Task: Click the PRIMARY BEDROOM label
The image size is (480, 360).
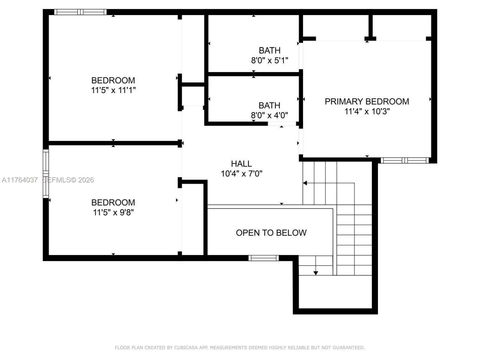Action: coord(366,101)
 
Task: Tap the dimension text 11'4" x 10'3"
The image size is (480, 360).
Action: coord(367,111)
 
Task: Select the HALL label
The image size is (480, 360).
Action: coord(241,163)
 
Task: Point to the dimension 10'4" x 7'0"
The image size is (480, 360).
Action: coord(241,174)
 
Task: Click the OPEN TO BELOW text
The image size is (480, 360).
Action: coord(271,233)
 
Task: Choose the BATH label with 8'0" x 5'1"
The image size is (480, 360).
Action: coord(269,50)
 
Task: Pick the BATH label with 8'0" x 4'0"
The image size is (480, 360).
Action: coord(269,105)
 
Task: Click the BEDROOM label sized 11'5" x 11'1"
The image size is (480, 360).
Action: coord(113,80)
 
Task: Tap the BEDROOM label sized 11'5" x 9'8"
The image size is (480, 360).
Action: coord(113,202)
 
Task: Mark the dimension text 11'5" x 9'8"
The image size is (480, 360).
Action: coord(113,213)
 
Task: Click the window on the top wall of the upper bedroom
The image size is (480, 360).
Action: coord(80,12)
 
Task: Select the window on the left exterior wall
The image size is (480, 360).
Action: coord(46,173)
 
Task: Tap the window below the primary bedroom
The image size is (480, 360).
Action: coord(404,160)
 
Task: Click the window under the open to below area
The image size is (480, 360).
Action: coord(263,258)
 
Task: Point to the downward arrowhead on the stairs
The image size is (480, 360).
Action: coord(315,273)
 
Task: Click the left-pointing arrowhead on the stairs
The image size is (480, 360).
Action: coord(305,183)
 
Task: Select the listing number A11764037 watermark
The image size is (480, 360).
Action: coord(19,180)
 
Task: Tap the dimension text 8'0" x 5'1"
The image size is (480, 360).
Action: coord(269,60)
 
